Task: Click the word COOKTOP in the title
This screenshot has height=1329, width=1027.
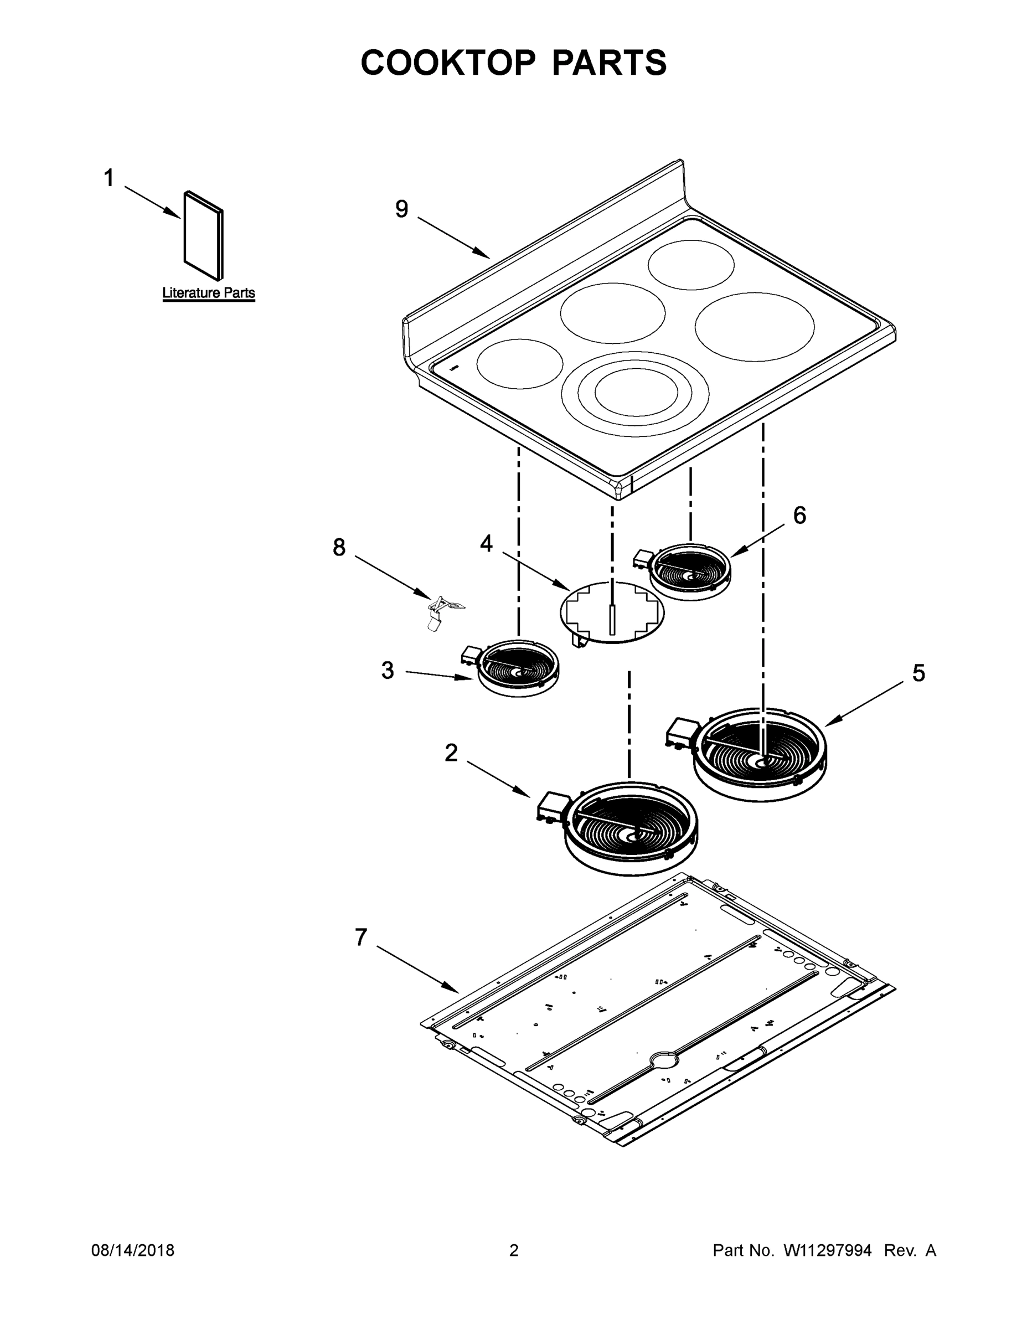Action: click(448, 63)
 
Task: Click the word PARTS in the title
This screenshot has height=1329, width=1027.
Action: click(609, 63)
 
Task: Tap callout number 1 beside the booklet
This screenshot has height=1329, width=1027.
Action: click(109, 178)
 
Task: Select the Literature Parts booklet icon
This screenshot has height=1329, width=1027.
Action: click(204, 236)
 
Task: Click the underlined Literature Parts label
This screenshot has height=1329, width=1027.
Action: click(209, 293)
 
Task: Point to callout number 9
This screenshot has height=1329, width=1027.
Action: click(401, 209)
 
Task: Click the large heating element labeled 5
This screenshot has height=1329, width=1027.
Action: click(761, 753)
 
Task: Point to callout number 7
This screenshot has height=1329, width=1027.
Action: click(362, 937)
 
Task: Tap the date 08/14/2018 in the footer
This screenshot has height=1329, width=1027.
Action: click(133, 1250)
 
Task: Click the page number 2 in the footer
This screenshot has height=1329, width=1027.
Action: click(514, 1250)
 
